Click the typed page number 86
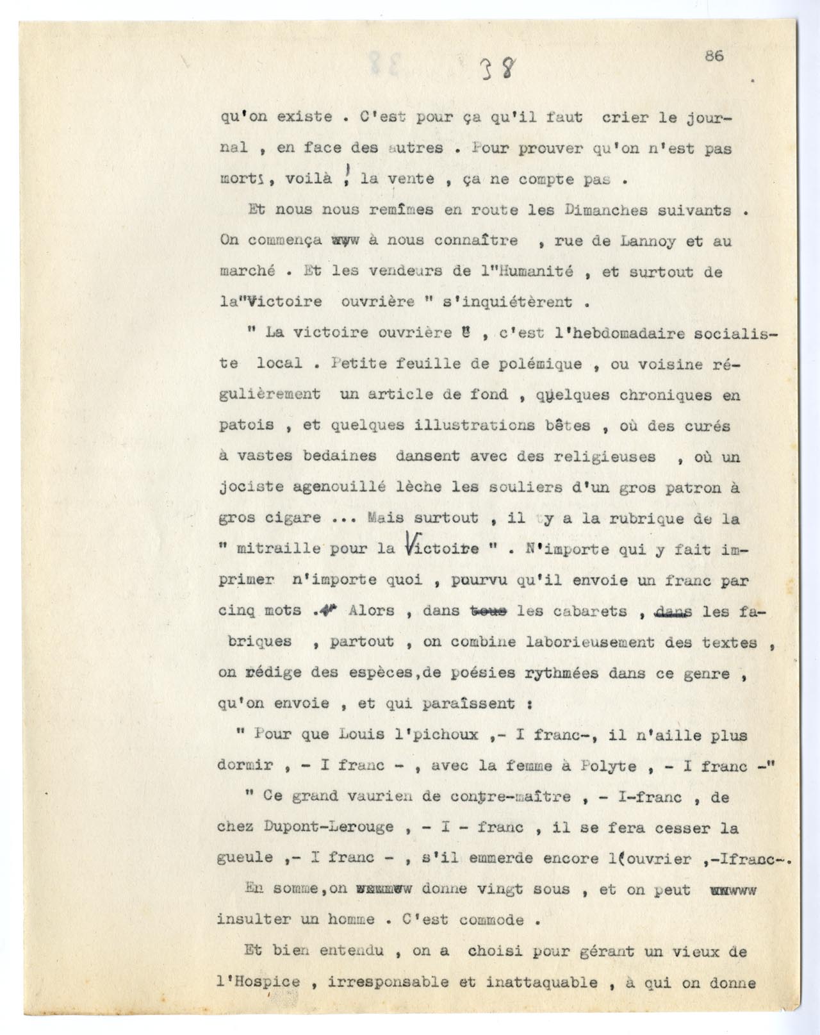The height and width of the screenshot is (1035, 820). coord(714,56)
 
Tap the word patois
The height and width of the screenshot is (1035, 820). coord(247,425)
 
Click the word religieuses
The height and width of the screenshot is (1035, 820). coord(606,456)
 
